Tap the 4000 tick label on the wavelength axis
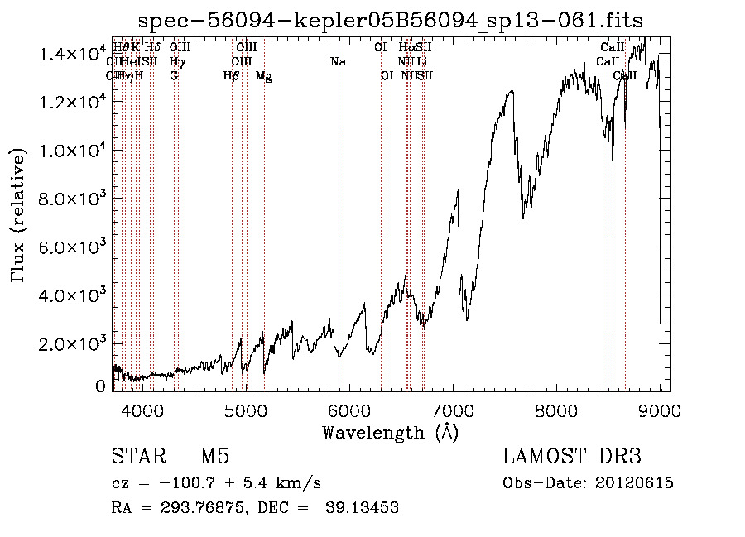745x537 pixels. tap(142, 411)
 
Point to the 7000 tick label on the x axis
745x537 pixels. tap(453, 411)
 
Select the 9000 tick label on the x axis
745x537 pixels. tap(660, 411)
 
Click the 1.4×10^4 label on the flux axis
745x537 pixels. tap(74, 54)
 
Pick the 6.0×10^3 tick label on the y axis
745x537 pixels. tap(74, 247)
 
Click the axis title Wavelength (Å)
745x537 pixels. tap(390, 432)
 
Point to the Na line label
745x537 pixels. tap(338, 62)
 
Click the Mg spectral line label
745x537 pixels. tap(263, 76)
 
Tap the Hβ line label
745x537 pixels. tap(232, 76)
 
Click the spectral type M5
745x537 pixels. tap(214, 458)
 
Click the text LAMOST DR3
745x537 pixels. tap(572, 458)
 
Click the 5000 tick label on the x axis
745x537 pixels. tap(246, 411)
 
